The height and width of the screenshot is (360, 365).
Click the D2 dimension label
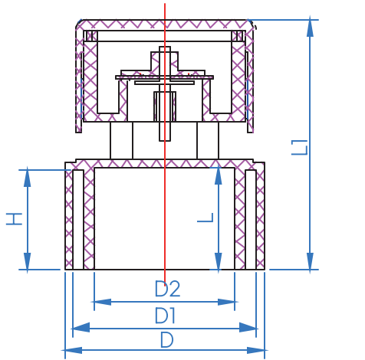167,289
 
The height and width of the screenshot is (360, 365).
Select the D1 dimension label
166,315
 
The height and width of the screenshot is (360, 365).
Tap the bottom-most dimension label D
166,340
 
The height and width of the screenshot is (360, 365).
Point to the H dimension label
14,219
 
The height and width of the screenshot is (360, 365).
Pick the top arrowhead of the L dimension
219,175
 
